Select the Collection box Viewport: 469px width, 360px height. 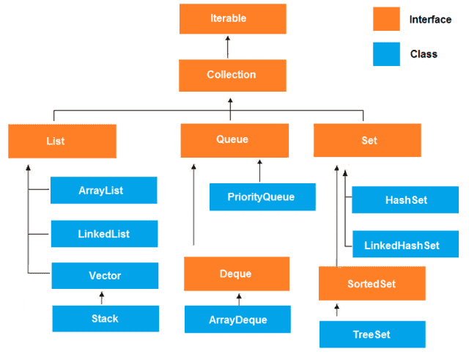coord(232,75)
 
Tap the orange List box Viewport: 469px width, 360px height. coord(62,141)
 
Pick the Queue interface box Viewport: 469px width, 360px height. coord(234,140)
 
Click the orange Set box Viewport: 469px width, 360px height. coord(367,140)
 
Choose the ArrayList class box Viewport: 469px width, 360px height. coord(103,191)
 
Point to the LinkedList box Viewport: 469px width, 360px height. coord(104,234)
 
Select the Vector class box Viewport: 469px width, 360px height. coord(105,276)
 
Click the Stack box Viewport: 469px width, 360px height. coord(106,319)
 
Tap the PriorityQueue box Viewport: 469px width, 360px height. coord(262,196)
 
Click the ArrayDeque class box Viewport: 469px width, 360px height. coord(237,320)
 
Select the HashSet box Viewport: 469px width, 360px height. coord(405,199)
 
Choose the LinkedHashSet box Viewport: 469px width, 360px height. coord(405,245)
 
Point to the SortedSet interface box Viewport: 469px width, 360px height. coord(372,284)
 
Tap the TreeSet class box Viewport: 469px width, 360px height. coord(372,334)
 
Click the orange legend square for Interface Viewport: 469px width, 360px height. coord(386,20)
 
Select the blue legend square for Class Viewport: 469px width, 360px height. coord(386,54)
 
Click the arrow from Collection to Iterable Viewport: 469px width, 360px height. coord(228,47)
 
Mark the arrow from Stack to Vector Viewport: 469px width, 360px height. coord(102,298)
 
